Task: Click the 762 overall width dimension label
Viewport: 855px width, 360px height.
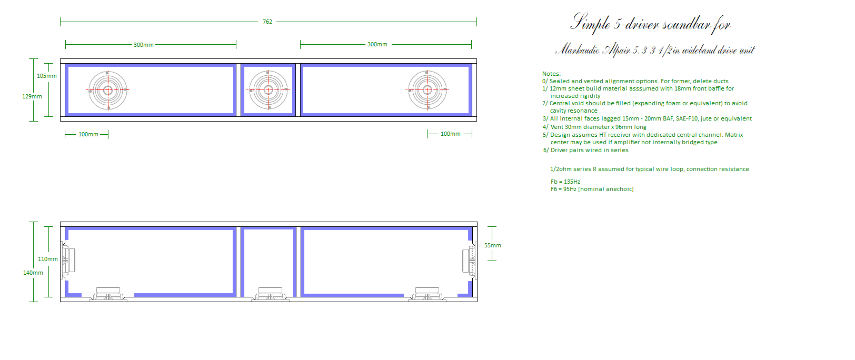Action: [x=267, y=22]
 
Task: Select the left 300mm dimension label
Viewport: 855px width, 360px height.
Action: [x=144, y=45]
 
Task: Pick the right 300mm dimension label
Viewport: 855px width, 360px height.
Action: [x=377, y=44]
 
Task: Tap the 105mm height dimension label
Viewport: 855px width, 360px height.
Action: [x=46, y=76]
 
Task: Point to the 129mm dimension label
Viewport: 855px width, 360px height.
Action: [x=32, y=97]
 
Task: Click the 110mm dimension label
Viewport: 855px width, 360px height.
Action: [x=48, y=259]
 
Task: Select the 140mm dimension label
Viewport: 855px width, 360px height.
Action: [x=33, y=273]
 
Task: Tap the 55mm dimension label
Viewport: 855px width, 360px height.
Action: [x=492, y=245]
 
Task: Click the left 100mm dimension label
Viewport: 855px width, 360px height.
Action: [x=88, y=134]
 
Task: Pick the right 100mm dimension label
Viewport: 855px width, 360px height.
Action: [x=451, y=134]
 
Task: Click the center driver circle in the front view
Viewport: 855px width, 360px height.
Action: [x=269, y=89]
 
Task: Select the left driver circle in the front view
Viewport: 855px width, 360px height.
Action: [x=107, y=90]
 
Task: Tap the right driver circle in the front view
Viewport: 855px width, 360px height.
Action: [x=427, y=89]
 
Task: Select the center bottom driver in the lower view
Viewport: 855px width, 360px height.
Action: [x=270, y=294]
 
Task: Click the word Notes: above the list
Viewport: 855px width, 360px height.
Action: [x=551, y=74]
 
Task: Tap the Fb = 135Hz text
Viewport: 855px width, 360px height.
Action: [x=565, y=182]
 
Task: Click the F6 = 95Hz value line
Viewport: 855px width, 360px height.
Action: [x=592, y=189]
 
